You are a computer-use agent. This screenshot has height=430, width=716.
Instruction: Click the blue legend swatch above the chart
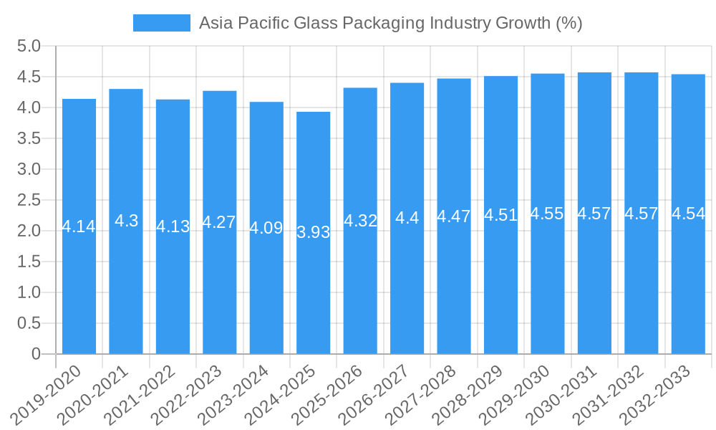click(161, 23)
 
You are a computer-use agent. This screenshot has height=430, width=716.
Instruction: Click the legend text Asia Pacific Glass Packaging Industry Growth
click(390, 23)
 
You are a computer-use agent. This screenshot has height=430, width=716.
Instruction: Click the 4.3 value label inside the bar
click(126, 221)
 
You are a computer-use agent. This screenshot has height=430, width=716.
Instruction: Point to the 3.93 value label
click(314, 232)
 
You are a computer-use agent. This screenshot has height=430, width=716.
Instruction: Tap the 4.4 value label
click(407, 218)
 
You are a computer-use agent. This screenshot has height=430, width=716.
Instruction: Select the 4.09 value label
click(266, 229)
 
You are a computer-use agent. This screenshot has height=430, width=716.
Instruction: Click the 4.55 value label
click(548, 214)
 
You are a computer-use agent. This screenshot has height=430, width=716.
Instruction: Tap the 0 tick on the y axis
click(37, 354)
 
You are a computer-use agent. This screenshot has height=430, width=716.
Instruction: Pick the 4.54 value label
click(688, 214)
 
